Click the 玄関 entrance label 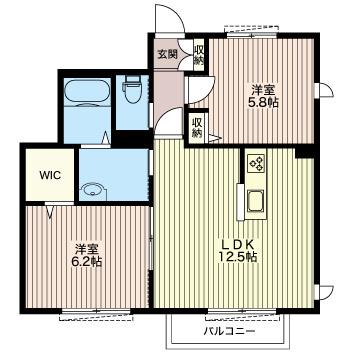[x=167, y=54]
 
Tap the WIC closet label [x=50, y=175]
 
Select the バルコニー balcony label [x=230, y=332]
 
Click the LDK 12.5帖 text [x=238, y=251]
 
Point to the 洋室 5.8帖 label [x=263, y=96]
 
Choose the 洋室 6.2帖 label [x=87, y=255]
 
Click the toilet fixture [x=132, y=88]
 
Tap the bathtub [x=87, y=92]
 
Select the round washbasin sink [x=93, y=191]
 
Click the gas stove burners [x=256, y=163]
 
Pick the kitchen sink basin [x=255, y=200]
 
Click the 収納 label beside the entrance [x=198, y=55]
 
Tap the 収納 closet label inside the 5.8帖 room [x=197, y=128]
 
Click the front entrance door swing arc [x=177, y=13]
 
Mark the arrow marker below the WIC [x=50, y=211]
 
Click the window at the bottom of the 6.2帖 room [x=96, y=312]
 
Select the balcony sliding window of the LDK [x=242, y=312]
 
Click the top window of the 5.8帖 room [x=252, y=35]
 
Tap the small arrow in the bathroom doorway [x=106, y=138]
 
